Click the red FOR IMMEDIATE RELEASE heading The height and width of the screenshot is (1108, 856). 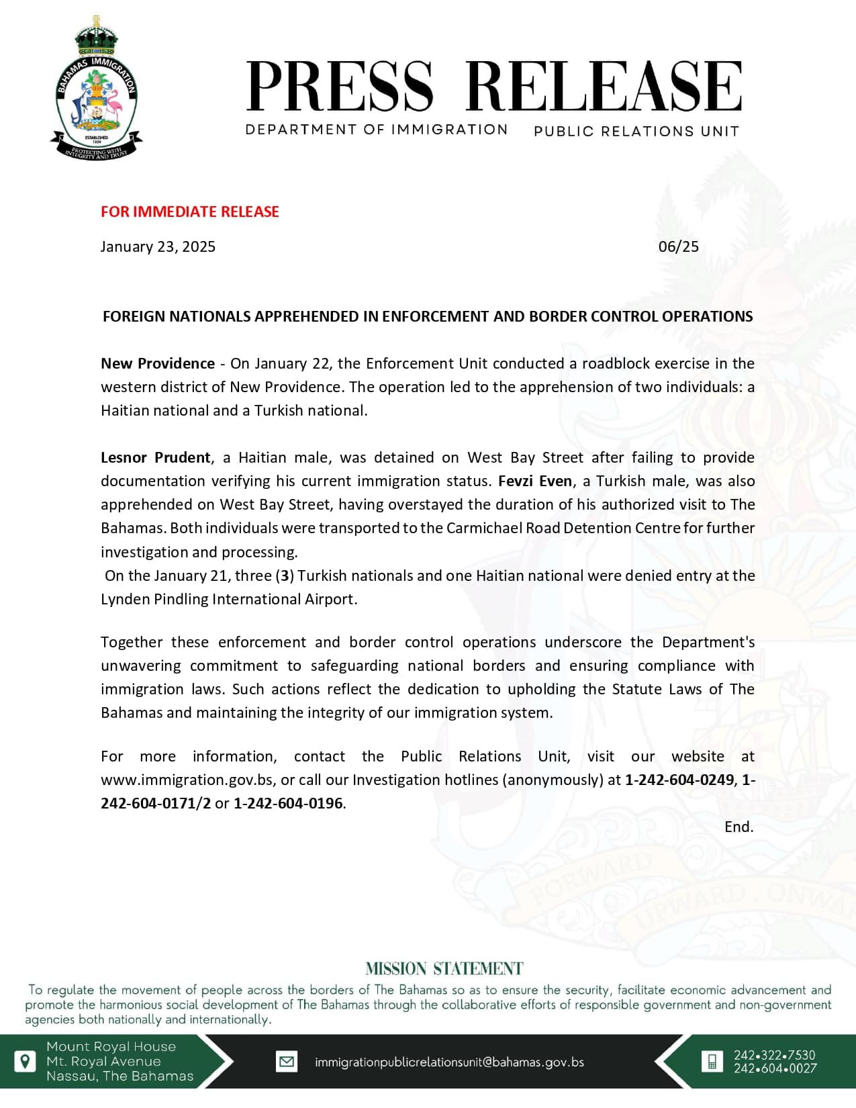coord(189,212)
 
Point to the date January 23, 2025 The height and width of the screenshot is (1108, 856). coord(158,246)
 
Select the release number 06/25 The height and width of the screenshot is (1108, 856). coord(678,246)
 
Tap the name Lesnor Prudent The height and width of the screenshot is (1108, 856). coord(155,457)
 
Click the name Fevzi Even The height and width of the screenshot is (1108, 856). coord(535,481)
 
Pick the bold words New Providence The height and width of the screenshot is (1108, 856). coord(158,363)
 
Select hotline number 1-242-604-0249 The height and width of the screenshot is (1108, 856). coord(679,780)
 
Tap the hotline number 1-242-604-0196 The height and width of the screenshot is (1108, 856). coord(288,803)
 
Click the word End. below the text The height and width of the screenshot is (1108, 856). coord(739,827)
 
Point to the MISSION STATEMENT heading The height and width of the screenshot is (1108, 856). coord(444,968)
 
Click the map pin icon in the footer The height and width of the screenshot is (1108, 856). coord(25,1062)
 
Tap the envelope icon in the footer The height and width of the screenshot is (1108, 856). coord(287,1062)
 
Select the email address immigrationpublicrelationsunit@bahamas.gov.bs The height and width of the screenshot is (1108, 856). coord(449,1062)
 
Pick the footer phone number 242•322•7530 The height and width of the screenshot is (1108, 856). coord(774,1055)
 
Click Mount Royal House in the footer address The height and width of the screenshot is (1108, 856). coord(111,1046)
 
